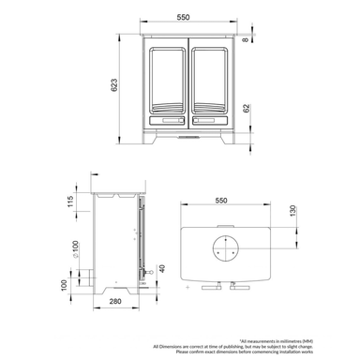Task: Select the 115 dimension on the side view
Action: coord(69,202)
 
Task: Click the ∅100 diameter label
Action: coord(74,250)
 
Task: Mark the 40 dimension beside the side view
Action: coord(162,270)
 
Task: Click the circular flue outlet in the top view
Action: coord(225,249)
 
